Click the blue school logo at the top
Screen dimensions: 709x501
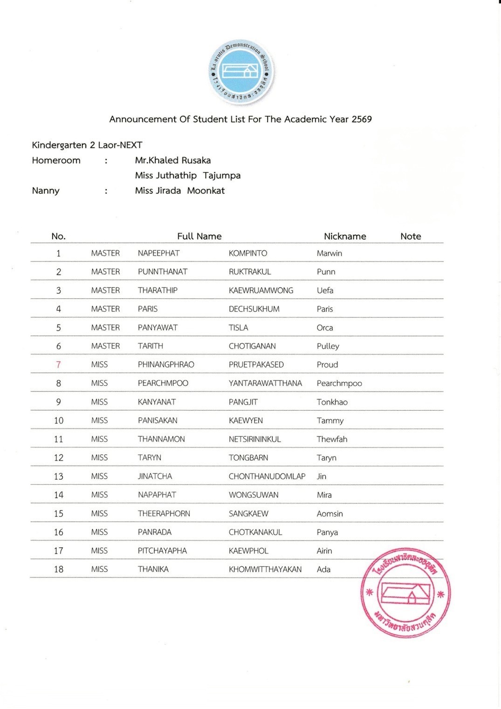(241, 71)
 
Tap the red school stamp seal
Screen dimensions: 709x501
(405, 592)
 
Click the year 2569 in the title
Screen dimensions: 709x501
(362, 119)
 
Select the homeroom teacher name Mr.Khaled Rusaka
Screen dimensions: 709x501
(173, 160)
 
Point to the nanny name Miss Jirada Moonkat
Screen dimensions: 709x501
(180, 191)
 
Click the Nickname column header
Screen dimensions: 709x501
(345, 236)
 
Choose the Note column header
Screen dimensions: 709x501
(411, 236)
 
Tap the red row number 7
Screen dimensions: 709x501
(58, 365)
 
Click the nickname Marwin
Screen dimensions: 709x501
(329, 253)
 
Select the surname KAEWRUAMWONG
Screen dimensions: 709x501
(261, 290)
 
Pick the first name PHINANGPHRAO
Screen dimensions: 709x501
(166, 365)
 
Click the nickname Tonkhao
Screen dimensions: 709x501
(332, 402)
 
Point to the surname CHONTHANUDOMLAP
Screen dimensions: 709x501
(267, 476)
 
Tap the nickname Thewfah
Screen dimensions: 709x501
(332, 439)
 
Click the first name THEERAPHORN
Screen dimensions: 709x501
(164, 514)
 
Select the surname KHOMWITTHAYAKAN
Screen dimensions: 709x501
(265, 569)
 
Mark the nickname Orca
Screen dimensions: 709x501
(325, 328)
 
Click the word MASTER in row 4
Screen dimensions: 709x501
(105, 309)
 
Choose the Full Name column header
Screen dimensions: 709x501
(199, 236)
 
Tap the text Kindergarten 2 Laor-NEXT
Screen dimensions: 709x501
(87, 145)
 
